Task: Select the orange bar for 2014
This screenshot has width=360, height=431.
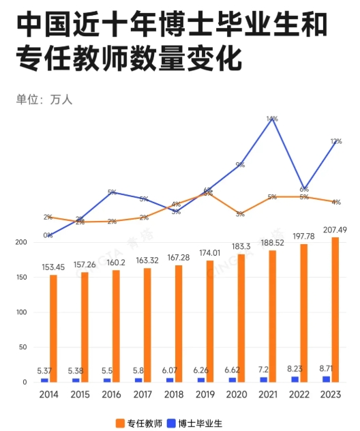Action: [x=53, y=328]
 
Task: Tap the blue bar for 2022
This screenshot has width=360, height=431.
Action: [x=295, y=379]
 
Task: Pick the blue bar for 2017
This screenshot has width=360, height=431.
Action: [x=138, y=380]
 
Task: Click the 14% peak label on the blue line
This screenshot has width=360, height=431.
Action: [x=272, y=119]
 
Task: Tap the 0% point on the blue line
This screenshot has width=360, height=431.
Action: [x=48, y=235]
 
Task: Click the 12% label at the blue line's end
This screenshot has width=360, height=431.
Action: [x=336, y=141]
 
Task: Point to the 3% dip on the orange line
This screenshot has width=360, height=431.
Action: [x=241, y=214]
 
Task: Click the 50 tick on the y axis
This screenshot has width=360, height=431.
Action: [x=22, y=347]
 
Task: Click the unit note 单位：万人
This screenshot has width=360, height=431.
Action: [x=44, y=100]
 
